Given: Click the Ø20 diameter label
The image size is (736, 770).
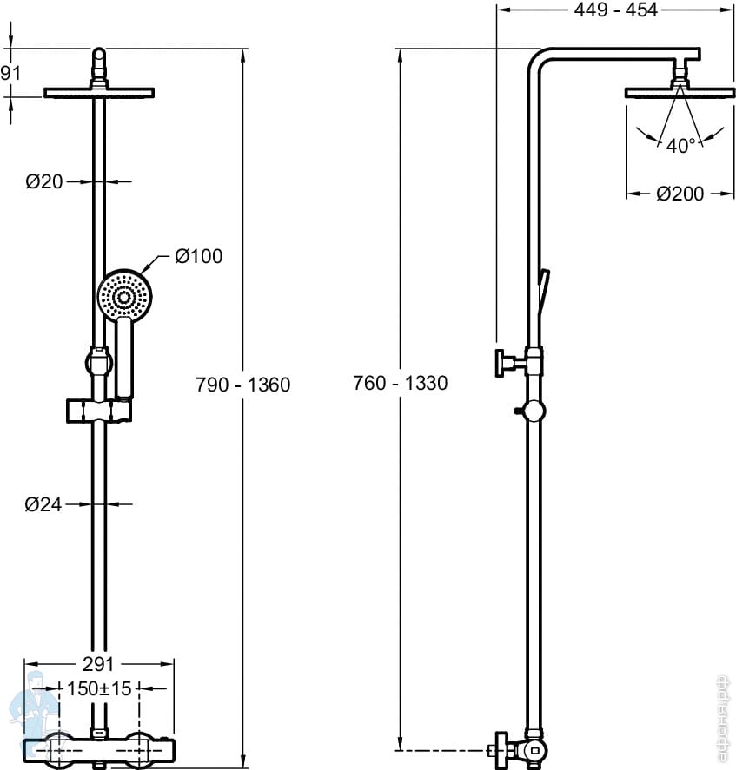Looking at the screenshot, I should [x=44, y=181].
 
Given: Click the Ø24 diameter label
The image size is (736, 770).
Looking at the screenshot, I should [x=44, y=503].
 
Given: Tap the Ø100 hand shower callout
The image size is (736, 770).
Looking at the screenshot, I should [x=198, y=256].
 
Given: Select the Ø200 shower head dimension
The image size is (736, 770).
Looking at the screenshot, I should [x=680, y=194].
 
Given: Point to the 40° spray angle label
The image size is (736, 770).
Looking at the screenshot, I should [x=680, y=146].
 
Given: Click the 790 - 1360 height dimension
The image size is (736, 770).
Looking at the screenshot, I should [x=243, y=384].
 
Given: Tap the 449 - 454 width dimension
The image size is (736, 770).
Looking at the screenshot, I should [x=616, y=10].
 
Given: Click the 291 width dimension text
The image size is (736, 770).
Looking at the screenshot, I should [x=99, y=664].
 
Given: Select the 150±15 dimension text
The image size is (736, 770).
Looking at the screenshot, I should [x=99, y=689].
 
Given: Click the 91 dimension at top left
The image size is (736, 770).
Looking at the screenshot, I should [x=10, y=73].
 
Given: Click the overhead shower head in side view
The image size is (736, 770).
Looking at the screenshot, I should [x=680, y=91].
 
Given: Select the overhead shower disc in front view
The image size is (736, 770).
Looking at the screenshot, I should [x=99, y=92].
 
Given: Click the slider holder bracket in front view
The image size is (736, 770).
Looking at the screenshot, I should [x=99, y=410].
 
